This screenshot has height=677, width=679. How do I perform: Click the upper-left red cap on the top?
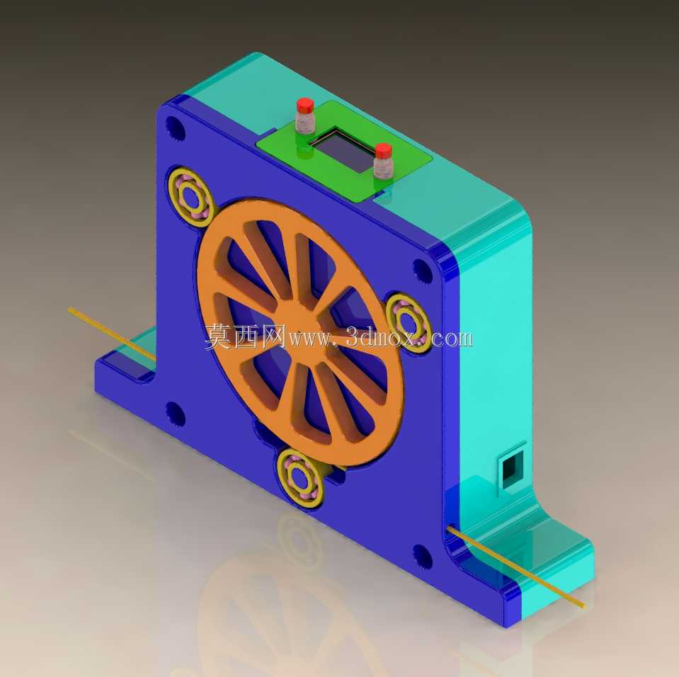pyautogui.click(x=305, y=105)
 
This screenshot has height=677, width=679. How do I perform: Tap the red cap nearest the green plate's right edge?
pyautogui.click(x=383, y=151)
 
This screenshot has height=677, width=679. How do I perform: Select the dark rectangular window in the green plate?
pyautogui.click(x=344, y=150)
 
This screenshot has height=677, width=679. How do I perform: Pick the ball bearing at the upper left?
pyautogui.click(x=191, y=198)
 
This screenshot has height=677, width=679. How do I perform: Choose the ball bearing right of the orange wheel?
pyautogui.click(x=409, y=322)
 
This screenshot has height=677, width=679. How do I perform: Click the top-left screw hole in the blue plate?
pyautogui.click(x=175, y=127)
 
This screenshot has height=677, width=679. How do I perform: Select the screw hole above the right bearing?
pyautogui.click(x=422, y=271)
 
